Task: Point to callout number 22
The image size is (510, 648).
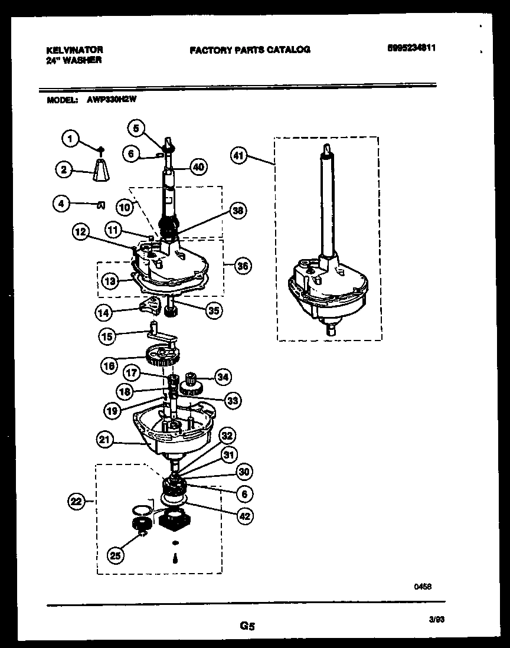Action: [75, 502]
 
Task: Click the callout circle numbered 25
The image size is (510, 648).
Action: [116, 554]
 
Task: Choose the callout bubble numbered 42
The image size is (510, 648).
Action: [244, 515]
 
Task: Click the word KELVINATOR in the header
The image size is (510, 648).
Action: [74, 50]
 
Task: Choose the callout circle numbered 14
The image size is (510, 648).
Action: [105, 310]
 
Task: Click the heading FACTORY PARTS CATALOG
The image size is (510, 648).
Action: [250, 50]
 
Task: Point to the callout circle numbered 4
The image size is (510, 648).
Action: [61, 204]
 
